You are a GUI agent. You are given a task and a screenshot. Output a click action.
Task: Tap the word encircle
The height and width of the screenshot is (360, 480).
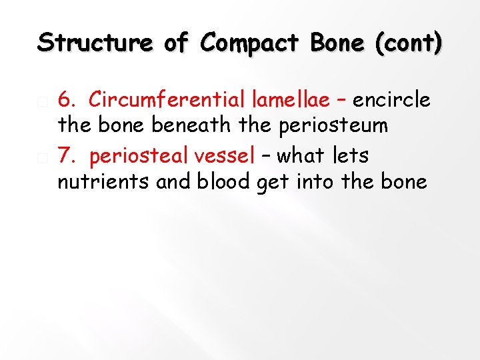tap(391, 100)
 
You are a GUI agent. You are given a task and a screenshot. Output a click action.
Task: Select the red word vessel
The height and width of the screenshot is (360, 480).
tap(221, 155)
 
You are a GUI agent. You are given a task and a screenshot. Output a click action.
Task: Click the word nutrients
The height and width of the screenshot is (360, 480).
tap(103, 181)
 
